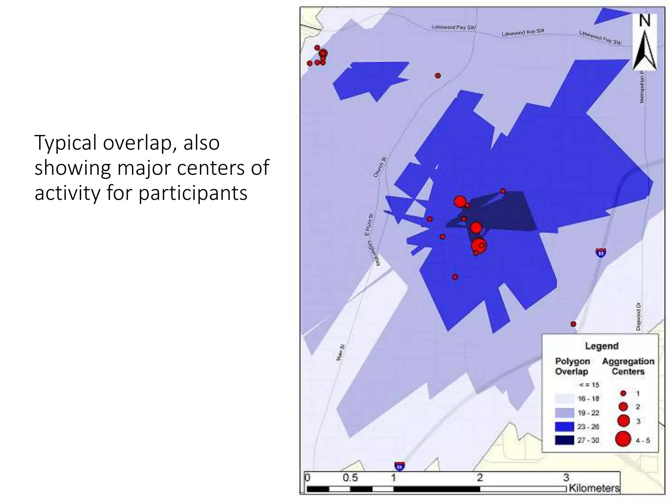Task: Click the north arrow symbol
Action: coord(644,42)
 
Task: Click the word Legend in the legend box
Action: coord(601,346)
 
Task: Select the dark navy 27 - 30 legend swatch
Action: coord(564,440)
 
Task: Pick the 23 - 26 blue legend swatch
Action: coord(564,426)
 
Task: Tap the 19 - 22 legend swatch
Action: coord(564,412)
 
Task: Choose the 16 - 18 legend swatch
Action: coord(564,398)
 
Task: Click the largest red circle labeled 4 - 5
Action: coord(623,439)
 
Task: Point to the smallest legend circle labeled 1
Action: coord(623,393)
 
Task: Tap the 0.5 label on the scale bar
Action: coord(350,478)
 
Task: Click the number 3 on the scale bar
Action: coord(566,477)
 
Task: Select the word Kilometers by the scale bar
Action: coord(594,488)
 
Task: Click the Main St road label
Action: coord(341,352)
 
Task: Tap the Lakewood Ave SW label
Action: coord(523,32)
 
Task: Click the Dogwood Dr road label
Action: coord(639,316)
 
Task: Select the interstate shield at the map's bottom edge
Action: coord(400,466)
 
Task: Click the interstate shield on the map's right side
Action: coord(601,252)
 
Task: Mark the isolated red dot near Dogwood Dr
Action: coord(573,324)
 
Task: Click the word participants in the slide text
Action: coord(193,193)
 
